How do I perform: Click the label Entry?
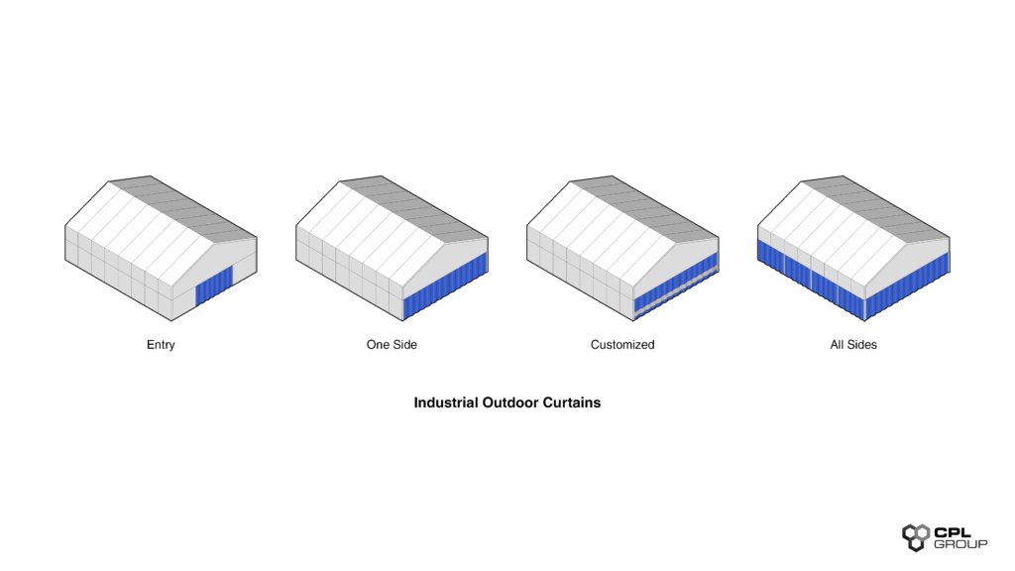(161, 345)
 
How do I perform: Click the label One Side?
(392, 345)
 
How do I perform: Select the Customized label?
(622, 345)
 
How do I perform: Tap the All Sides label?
(853, 345)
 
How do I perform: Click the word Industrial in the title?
(446, 403)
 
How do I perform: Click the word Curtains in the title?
(572, 403)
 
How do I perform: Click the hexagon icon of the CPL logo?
(915, 536)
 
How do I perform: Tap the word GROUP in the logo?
(960, 544)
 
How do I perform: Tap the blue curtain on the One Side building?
(446, 286)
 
